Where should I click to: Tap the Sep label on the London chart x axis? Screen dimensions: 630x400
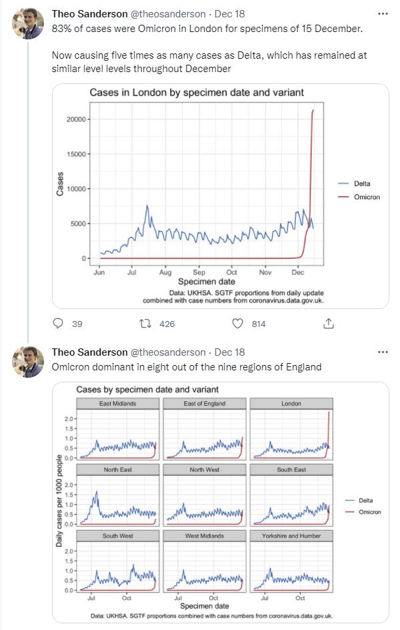[x=199, y=272]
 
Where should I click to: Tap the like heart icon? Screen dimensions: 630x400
[x=237, y=324]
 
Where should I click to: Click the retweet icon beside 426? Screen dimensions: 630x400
[x=144, y=324]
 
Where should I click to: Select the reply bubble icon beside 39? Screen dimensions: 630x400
[x=58, y=324]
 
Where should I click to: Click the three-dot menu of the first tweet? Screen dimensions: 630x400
[x=383, y=13]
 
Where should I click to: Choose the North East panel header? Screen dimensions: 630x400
[x=117, y=469]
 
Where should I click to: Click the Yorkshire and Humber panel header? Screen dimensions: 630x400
[x=291, y=536]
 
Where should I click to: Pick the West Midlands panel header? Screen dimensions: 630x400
[x=205, y=536]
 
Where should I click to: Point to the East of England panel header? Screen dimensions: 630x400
[x=205, y=403]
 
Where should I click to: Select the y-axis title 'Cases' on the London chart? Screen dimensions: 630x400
[x=61, y=184]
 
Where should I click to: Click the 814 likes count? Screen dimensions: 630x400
[x=258, y=324]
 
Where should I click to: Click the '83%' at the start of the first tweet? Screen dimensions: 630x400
[x=62, y=29]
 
